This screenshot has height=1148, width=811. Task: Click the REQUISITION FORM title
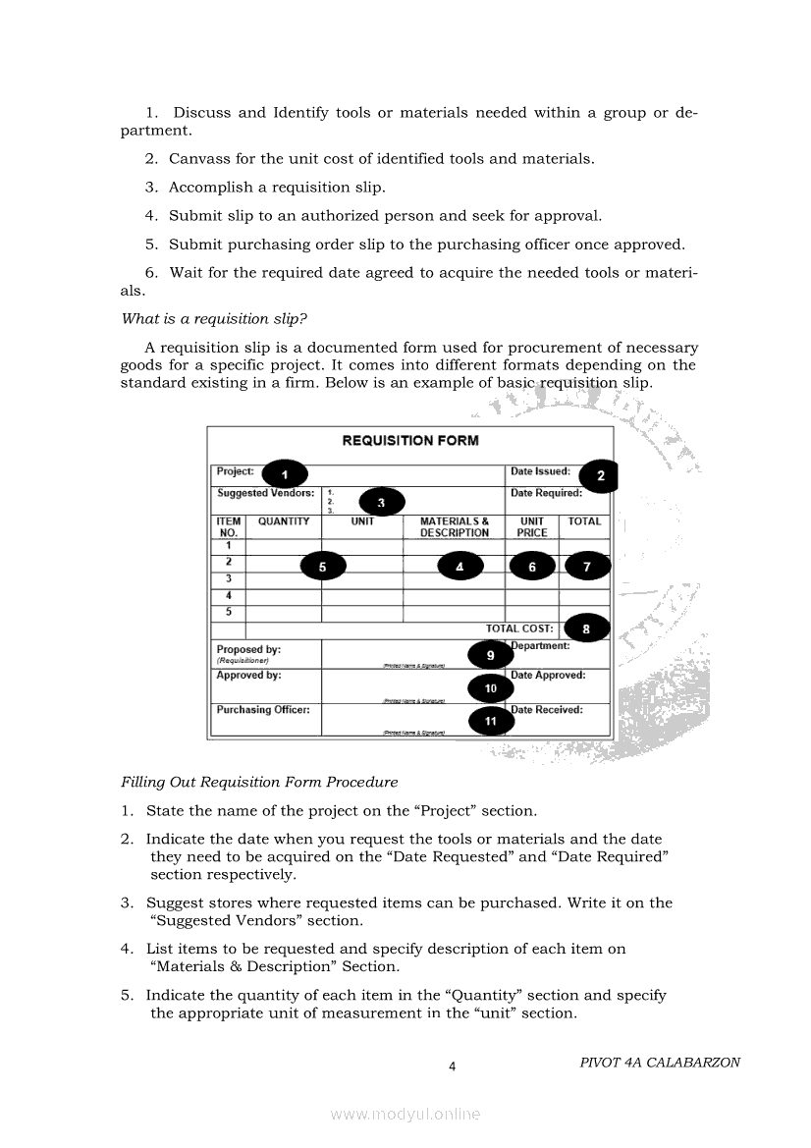click(410, 441)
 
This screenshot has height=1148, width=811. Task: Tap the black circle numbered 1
click(285, 475)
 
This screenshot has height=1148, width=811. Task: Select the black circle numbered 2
click(600, 476)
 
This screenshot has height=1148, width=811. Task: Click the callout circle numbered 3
click(382, 503)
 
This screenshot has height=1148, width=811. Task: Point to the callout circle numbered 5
click(323, 566)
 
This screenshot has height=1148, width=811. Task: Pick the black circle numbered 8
click(586, 629)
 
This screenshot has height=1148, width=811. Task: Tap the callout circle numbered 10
click(491, 688)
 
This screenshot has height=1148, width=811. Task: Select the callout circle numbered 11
click(491, 721)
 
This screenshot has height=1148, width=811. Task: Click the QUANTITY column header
click(283, 521)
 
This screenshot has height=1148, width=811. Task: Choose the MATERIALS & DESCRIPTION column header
click(454, 527)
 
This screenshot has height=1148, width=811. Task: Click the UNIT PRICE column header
click(531, 527)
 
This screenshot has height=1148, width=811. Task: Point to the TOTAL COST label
click(519, 629)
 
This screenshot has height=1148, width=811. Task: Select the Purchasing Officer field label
click(263, 710)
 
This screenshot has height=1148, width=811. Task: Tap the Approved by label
click(248, 676)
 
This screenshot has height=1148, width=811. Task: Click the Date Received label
click(547, 710)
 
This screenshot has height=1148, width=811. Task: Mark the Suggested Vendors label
click(265, 493)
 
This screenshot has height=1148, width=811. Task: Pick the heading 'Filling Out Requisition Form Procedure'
click(259, 783)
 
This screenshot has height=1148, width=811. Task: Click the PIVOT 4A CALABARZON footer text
click(660, 1063)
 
